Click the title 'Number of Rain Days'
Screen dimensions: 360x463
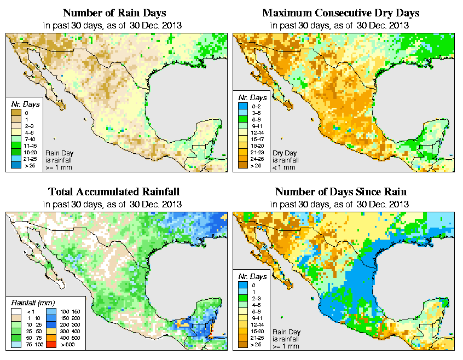[114, 13]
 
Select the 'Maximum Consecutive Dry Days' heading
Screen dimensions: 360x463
[340, 13]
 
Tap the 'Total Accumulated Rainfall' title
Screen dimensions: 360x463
[114, 192]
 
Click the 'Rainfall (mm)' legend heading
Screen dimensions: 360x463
[32, 302]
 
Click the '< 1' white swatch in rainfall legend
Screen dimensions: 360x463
[17, 311]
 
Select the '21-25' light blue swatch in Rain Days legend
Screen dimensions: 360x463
[16, 159]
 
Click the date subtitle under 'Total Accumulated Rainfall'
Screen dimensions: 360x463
[114, 204]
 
